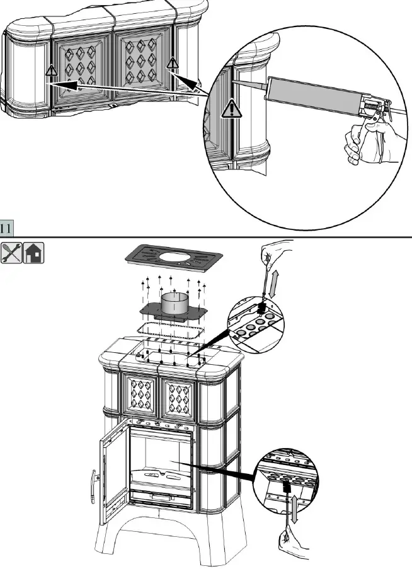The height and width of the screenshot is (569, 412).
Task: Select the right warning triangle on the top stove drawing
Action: tap(171, 63)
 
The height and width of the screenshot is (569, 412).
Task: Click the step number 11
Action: tap(7, 227)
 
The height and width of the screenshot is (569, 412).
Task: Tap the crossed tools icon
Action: tap(11, 252)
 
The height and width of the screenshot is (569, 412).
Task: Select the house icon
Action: tap(33, 252)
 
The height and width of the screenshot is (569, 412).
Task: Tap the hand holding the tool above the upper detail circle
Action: tap(274, 255)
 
